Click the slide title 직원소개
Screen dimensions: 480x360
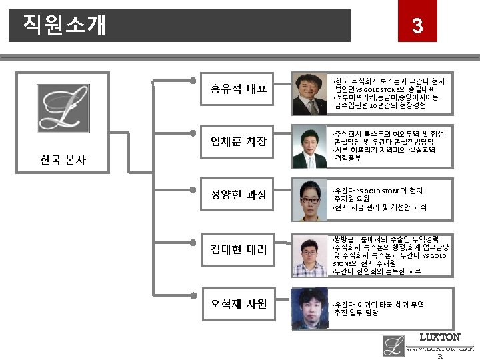click(x=64, y=25)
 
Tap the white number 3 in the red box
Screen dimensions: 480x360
click(x=417, y=26)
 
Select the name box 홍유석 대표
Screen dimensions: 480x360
click(x=239, y=88)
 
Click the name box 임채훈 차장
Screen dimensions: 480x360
click(x=239, y=141)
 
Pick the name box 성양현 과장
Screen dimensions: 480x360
click(x=239, y=195)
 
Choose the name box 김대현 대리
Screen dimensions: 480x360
click(x=239, y=249)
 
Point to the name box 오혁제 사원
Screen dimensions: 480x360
click(x=239, y=304)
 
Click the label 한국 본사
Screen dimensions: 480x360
click(x=63, y=161)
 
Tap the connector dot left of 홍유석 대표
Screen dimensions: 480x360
click(x=193, y=81)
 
